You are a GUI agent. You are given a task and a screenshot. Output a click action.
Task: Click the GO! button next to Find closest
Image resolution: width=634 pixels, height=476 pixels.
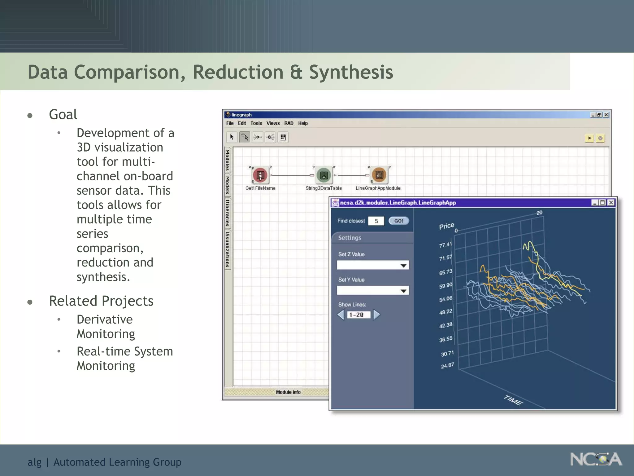click(398, 221)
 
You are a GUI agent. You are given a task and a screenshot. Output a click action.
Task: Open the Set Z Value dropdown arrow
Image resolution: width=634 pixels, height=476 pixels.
click(403, 266)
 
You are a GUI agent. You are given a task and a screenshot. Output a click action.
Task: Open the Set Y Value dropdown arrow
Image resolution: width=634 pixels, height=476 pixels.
click(403, 291)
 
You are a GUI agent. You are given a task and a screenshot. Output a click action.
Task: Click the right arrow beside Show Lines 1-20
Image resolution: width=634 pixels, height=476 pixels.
click(377, 315)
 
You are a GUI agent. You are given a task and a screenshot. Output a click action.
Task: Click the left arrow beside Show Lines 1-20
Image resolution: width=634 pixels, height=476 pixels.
click(341, 315)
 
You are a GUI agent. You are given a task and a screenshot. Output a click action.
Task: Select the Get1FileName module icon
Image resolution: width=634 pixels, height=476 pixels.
click(260, 175)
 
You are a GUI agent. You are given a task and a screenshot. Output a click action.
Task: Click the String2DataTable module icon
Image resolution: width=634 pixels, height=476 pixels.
click(324, 175)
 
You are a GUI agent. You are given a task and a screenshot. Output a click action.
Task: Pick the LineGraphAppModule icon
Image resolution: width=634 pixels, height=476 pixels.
click(379, 175)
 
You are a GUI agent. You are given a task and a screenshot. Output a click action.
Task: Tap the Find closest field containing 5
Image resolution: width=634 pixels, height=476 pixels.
click(376, 221)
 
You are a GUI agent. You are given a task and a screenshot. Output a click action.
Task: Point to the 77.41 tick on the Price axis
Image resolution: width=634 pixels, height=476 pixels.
click(445, 245)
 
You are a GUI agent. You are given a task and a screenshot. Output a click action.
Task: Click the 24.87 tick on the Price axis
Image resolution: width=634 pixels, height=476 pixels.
click(447, 366)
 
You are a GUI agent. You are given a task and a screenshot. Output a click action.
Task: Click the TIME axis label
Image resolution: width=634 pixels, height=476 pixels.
click(513, 400)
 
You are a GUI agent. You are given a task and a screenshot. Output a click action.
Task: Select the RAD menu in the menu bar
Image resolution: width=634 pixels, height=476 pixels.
click(289, 123)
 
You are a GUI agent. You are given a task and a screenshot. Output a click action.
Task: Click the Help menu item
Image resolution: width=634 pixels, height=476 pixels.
click(303, 123)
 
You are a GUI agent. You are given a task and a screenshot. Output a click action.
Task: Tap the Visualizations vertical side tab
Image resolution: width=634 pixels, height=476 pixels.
click(228, 250)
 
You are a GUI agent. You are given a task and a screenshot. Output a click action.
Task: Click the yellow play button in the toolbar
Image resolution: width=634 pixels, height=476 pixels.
click(589, 138)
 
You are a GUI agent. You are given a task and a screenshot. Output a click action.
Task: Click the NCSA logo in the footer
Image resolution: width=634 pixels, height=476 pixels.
click(596, 459)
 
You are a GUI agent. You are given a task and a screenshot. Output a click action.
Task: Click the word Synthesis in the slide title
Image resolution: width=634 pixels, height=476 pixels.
click(351, 72)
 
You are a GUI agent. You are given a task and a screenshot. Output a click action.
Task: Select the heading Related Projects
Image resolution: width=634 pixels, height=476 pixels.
click(101, 301)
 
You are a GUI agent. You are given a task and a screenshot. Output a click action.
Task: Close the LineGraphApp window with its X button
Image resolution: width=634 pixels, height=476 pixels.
click(610, 203)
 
